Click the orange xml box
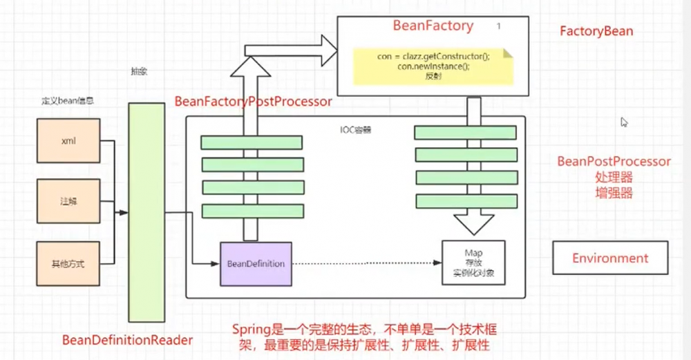tap(68, 141)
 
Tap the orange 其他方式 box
tap(68, 263)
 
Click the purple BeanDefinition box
tap(256, 264)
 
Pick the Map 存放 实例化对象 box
tap(473, 263)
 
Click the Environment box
tap(610, 258)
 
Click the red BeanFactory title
tap(433, 26)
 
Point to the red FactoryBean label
tap(596, 32)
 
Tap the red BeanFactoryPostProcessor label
tap(253, 102)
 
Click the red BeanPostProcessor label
tap(614, 162)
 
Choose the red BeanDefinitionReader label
tap(128, 339)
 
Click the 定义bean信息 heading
tap(67, 101)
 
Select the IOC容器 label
tap(357, 129)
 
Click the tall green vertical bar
tap(146, 212)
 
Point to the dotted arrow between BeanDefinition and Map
tap(366, 263)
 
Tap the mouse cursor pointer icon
tap(624, 122)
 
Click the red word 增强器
tap(614, 192)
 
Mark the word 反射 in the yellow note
tap(433, 77)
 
